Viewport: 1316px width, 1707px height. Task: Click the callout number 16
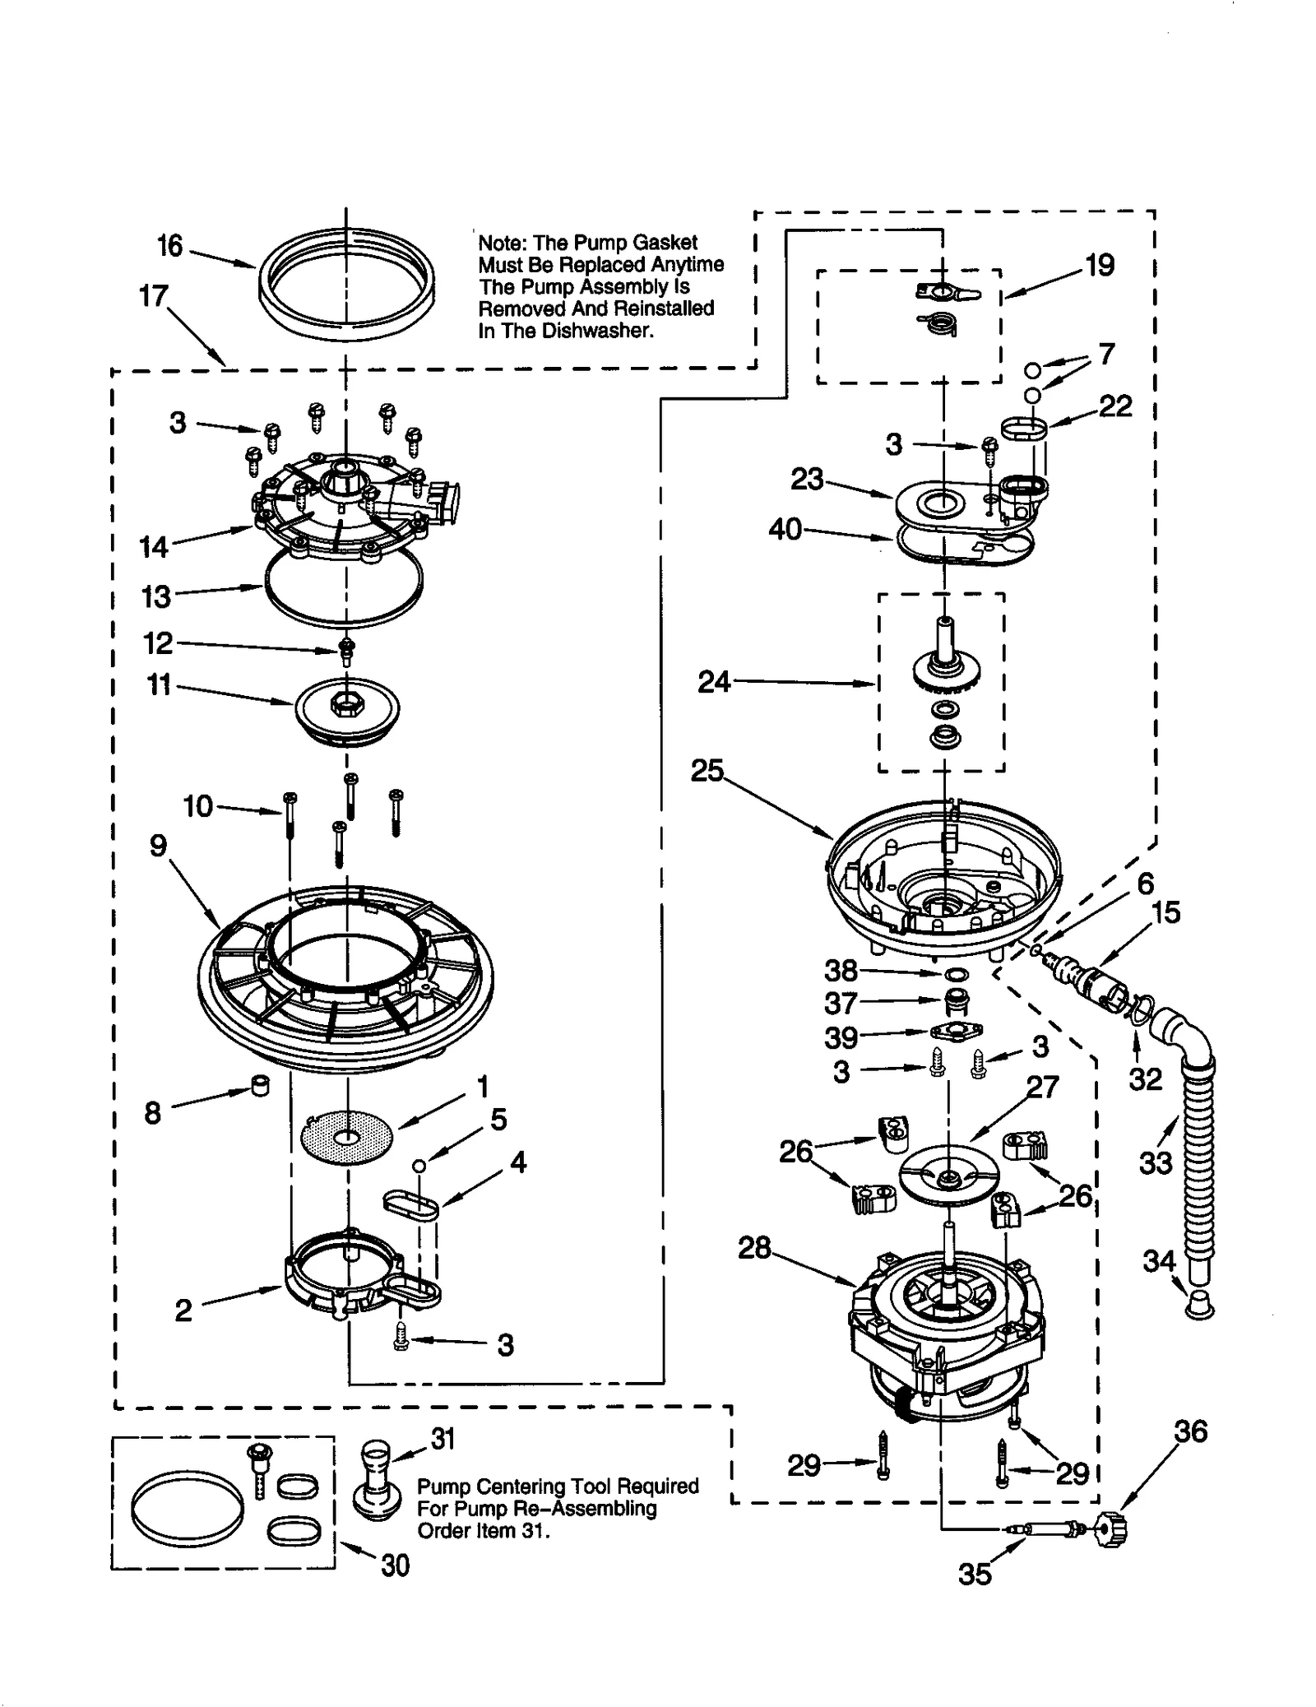point(169,245)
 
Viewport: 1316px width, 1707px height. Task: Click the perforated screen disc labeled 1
point(347,1138)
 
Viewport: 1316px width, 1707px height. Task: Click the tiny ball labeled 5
point(419,1164)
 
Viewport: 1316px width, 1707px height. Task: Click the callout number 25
point(707,771)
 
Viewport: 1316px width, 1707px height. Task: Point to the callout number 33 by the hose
point(1155,1162)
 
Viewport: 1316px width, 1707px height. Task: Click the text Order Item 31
point(482,1531)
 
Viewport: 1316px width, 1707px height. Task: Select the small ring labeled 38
point(956,974)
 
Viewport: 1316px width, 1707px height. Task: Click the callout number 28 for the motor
point(754,1248)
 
